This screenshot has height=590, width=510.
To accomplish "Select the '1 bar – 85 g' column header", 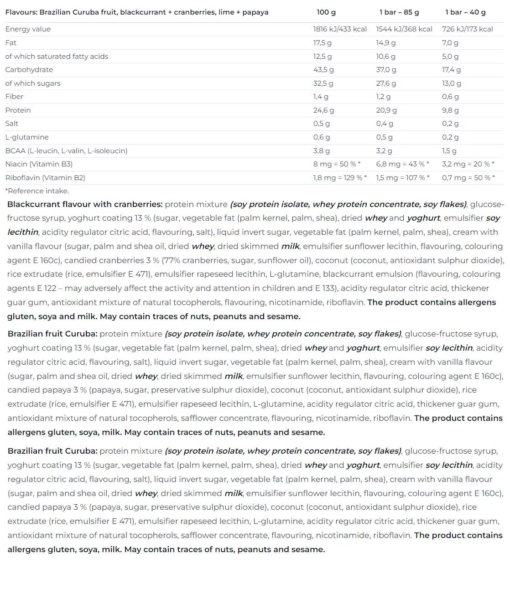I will click(399, 12).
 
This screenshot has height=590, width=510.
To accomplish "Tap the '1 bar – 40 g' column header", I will click(465, 12).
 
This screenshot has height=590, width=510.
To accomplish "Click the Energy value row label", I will click(28, 29).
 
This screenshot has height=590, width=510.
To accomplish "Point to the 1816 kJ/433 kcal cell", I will click(340, 29).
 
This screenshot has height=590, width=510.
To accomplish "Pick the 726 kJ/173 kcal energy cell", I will click(467, 29).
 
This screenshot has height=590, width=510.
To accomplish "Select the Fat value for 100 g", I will click(322, 43).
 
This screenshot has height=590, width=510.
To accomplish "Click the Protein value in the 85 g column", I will click(386, 110).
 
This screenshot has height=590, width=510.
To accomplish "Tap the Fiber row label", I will click(14, 97).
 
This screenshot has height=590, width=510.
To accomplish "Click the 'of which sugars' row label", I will click(33, 83).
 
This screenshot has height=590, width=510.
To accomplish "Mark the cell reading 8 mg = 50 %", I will click(337, 164).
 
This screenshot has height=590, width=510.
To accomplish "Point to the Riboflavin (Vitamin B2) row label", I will click(45, 178).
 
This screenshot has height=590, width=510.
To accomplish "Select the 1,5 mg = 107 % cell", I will click(402, 178).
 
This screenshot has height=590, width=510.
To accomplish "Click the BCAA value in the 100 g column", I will click(321, 151).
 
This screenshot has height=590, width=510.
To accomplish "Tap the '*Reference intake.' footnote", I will click(37, 191).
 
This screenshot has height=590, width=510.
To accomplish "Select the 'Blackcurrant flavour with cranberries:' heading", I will click(85, 204).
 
